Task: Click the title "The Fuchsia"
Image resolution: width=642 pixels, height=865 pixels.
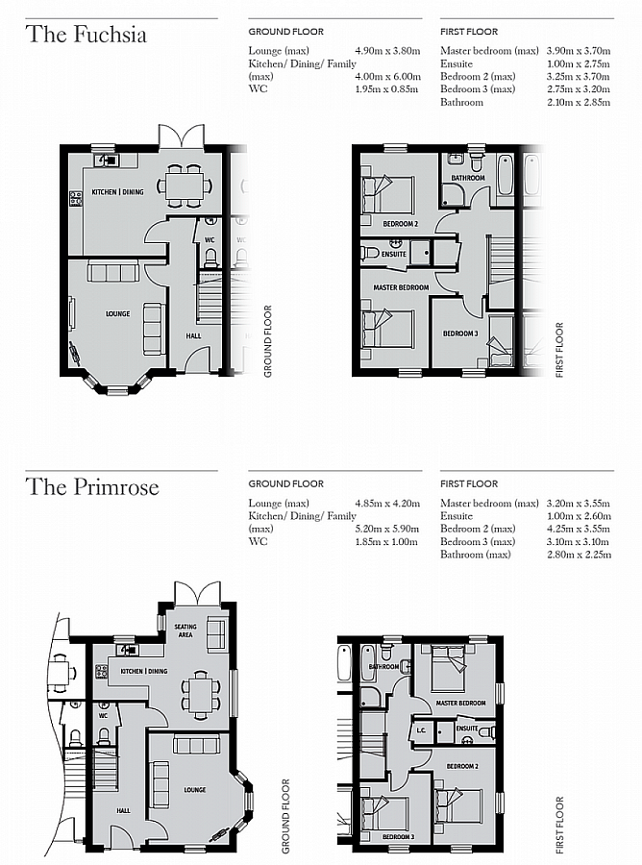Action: [x=86, y=35]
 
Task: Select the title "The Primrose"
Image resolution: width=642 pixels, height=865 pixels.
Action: [x=92, y=486]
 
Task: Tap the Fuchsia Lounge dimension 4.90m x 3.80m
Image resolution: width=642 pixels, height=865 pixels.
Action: [x=387, y=49]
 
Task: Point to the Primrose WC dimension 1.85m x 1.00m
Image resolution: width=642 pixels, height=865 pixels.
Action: [x=387, y=541]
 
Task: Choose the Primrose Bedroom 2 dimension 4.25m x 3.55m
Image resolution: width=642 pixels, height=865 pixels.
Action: [x=579, y=528]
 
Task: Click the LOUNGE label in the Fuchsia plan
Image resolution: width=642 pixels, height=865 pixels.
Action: [x=117, y=313]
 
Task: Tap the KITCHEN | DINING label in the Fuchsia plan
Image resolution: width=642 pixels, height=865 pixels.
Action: [x=117, y=192]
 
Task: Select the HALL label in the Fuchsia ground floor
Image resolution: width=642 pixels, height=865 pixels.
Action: [x=193, y=335]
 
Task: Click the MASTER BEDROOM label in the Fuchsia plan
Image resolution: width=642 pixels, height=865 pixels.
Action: [x=401, y=287]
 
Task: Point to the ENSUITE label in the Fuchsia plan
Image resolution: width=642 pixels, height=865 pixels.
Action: [x=394, y=254]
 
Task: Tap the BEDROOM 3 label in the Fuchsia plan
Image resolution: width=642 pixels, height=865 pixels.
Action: [x=459, y=334]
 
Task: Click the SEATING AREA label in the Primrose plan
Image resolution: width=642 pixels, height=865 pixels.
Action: [x=185, y=630]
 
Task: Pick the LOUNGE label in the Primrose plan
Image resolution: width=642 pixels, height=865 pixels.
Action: [x=195, y=789]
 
